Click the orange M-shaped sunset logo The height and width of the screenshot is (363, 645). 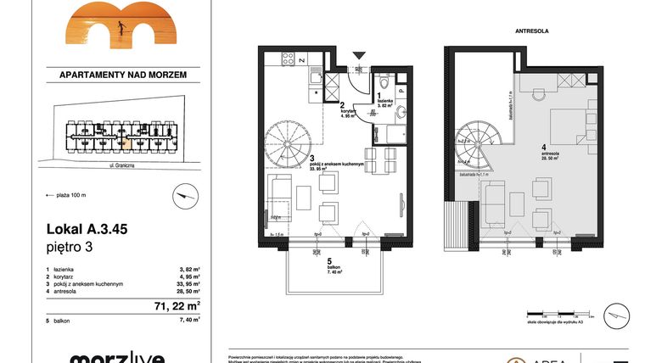[110, 23]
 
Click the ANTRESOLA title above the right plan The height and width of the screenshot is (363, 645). [531, 31]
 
